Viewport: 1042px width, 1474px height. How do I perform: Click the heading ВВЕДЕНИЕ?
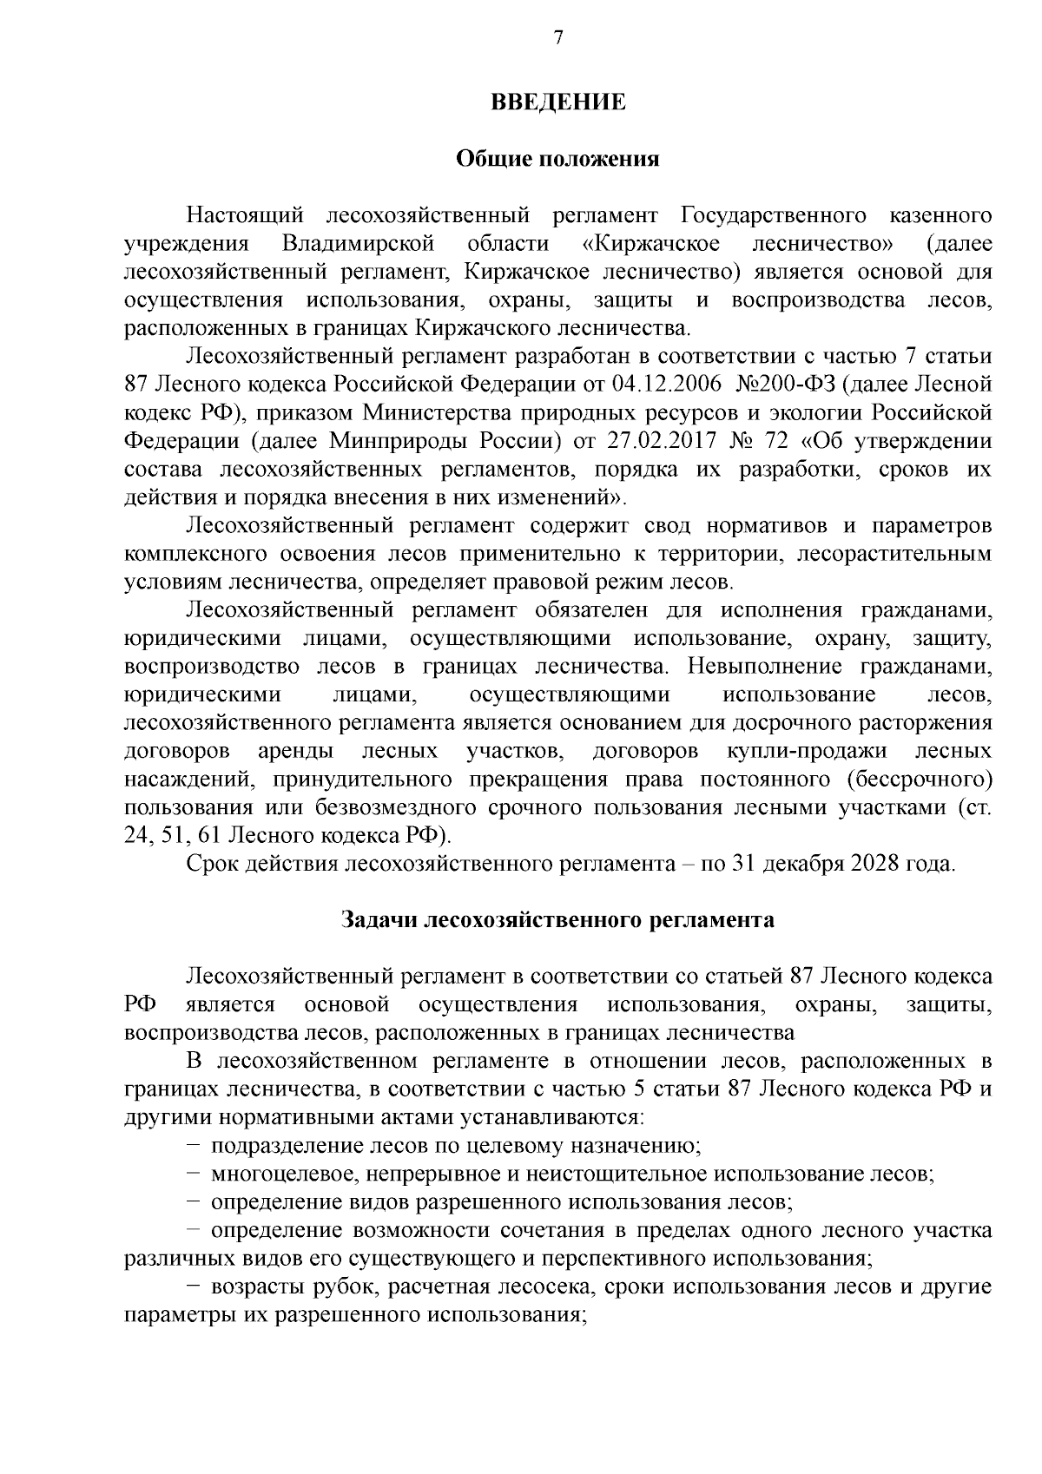(x=558, y=102)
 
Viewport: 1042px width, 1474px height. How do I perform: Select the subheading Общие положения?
(x=557, y=160)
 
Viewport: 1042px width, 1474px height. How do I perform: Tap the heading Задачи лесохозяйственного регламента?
(x=557, y=919)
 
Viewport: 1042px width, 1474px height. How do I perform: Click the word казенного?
(x=941, y=214)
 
